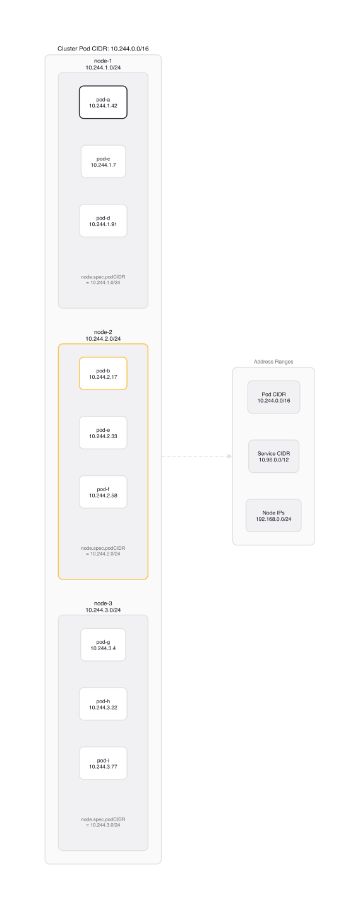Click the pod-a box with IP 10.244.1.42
click(103, 102)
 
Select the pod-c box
click(103, 162)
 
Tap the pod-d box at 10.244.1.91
click(103, 221)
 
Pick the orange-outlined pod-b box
click(103, 374)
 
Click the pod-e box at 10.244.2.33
click(103, 433)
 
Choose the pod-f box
click(103, 492)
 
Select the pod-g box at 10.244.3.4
click(103, 645)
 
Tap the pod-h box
click(103, 704)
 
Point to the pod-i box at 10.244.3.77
click(103, 763)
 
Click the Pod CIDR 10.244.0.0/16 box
click(273, 397)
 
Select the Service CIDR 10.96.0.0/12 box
click(273, 456)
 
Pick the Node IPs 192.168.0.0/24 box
click(273, 516)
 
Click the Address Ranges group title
click(273, 362)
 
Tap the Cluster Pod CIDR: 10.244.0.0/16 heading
click(103, 49)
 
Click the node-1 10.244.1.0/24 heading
click(103, 64)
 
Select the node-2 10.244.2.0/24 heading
click(103, 335)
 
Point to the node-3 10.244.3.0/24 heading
click(103, 607)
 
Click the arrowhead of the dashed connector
click(229, 456)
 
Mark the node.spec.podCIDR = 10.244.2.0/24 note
click(103, 550)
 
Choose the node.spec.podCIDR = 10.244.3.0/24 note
click(103, 822)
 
